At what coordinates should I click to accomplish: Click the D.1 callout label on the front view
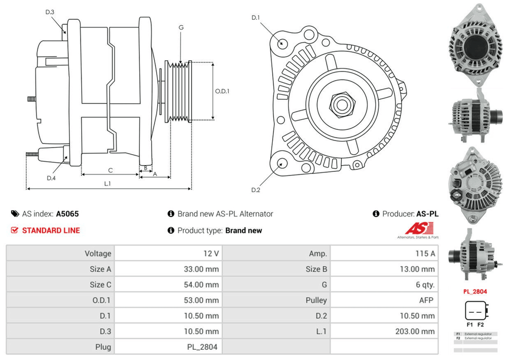point(256,18)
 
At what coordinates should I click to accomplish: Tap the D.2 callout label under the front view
point(256,190)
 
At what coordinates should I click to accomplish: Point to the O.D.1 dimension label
point(222,92)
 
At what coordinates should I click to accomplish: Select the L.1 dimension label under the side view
point(107,184)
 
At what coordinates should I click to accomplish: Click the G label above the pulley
point(181,27)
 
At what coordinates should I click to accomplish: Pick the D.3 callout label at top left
point(50,12)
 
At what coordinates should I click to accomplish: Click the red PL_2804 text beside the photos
point(475,292)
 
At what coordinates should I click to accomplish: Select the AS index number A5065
point(67,214)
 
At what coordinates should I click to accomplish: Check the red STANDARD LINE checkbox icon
point(15,230)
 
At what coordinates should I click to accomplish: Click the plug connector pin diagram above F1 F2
point(475,311)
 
